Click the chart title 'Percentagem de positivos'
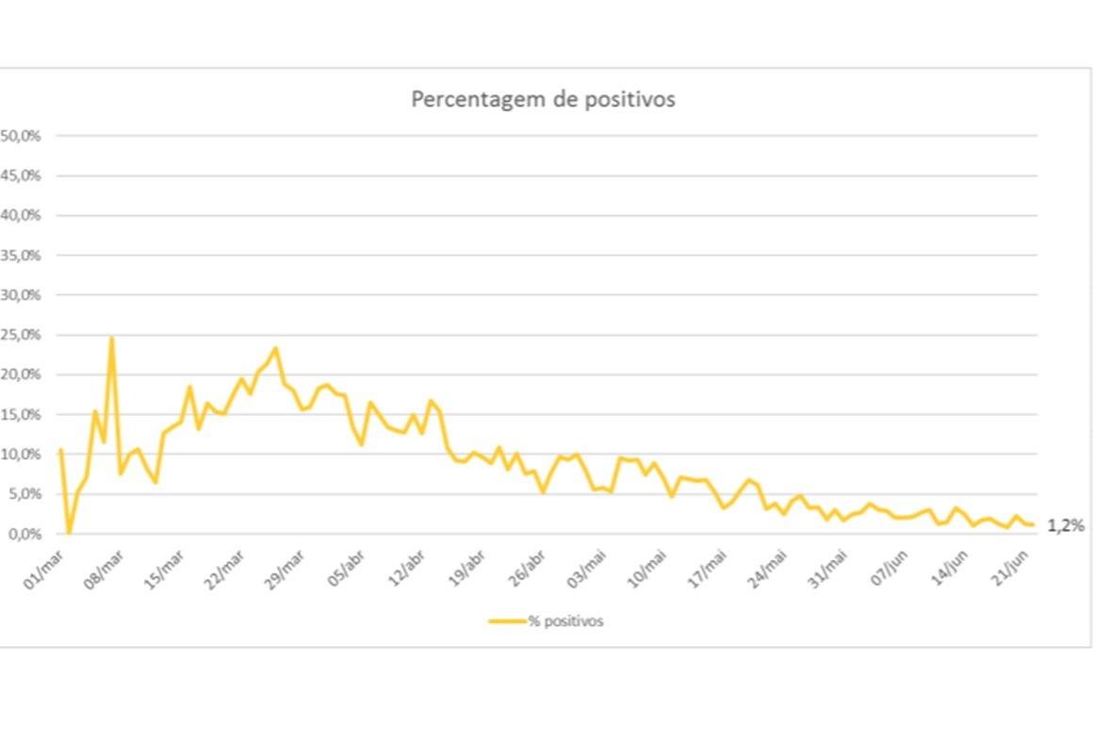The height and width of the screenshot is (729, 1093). (x=543, y=100)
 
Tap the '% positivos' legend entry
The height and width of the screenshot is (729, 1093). (x=546, y=621)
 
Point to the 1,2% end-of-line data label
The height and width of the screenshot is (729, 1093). (x=1065, y=526)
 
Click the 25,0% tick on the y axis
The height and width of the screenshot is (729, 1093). (x=21, y=335)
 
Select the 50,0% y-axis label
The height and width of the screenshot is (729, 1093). (x=21, y=136)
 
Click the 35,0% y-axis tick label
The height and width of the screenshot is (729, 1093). (x=21, y=256)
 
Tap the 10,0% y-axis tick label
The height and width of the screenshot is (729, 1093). (x=21, y=455)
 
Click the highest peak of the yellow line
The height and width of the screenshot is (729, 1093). (x=112, y=337)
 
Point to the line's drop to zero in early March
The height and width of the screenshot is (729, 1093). (x=69, y=533)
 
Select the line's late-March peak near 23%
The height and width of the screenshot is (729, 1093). (x=275, y=348)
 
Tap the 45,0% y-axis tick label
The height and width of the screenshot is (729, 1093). (x=21, y=175)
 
